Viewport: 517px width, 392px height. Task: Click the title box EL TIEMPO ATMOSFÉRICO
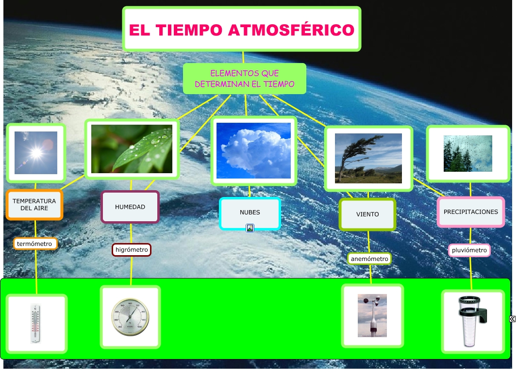(242, 30)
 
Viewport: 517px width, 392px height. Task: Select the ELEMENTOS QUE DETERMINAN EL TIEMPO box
(245, 79)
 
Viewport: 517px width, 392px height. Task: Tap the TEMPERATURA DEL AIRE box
(34, 205)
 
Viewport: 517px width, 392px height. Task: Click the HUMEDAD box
(130, 207)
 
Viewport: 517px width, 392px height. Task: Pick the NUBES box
(250, 212)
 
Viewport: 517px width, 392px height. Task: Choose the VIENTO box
(367, 214)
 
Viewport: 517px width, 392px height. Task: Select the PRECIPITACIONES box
(470, 212)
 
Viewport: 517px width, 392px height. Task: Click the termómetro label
(34, 243)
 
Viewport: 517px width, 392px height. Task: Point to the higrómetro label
(132, 250)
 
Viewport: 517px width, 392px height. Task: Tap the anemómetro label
(369, 259)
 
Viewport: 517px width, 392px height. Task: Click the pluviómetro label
(469, 250)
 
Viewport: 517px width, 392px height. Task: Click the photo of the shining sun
(36, 153)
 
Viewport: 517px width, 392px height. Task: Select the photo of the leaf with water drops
(132, 149)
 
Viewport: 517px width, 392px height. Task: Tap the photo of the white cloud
(253, 150)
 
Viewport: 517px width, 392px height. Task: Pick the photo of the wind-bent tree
(368, 158)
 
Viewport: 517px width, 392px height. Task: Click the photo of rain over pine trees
(468, 153)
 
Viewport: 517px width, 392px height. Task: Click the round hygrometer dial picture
(130, 317)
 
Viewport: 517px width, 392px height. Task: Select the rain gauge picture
(472, 321)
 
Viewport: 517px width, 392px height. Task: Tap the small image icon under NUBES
(250, 228)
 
